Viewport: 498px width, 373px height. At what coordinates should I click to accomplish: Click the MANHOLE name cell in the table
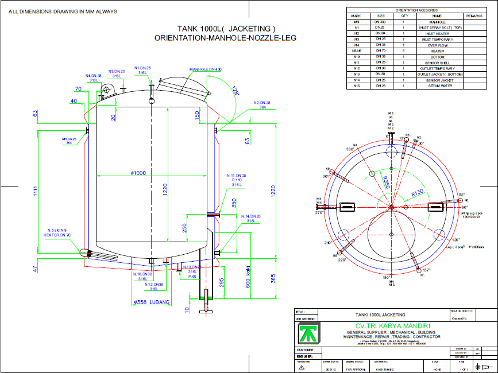click(437, 22)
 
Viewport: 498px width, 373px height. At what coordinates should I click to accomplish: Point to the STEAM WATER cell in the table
click(437, 86)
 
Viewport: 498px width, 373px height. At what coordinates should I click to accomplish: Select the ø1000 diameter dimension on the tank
click(138, 173)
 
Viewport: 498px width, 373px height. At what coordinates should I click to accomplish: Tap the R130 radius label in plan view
click(418, 193)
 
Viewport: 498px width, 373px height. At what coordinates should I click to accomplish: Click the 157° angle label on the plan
click(427, 270)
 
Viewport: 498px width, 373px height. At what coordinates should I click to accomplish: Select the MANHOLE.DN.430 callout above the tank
click(205, 69)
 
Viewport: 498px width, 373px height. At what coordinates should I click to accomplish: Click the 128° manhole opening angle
click(234, 90)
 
